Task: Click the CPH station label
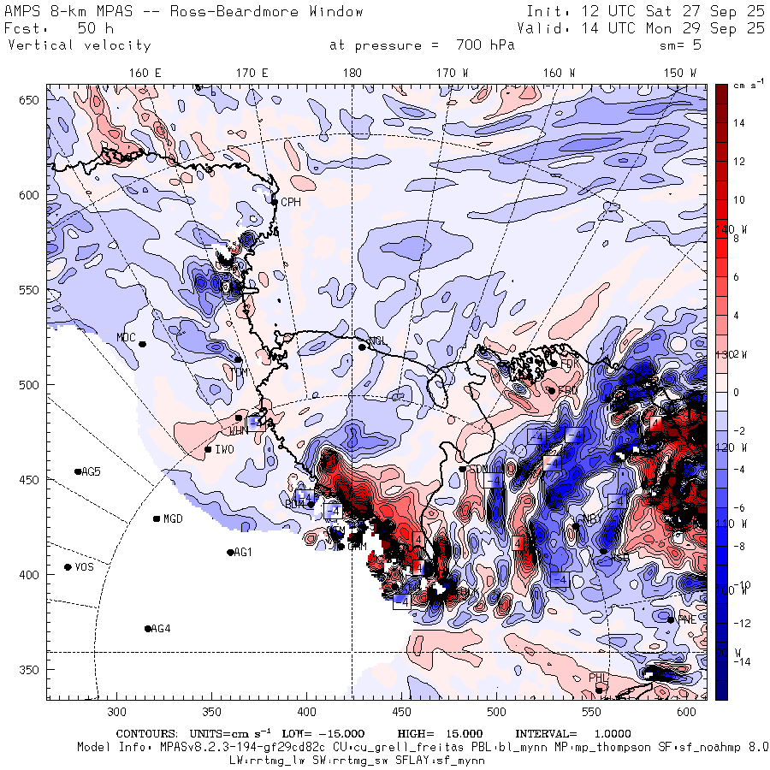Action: pos(291,202)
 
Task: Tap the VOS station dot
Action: pos(68,567)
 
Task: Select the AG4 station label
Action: pos(160,629)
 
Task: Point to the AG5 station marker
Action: pos(78,471)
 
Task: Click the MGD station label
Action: pos(173,519)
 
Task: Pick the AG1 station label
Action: pos(244,553)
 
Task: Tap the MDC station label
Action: pos(127,337)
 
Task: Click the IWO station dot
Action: pos(208,449)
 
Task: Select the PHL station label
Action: pos(597,678)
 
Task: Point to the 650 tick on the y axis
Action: pos(31,101)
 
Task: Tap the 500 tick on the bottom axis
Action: pos(496,712)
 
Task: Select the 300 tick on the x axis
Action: pos(117,712)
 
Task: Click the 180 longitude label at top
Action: pos(352,74)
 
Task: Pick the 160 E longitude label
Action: pos(145,74)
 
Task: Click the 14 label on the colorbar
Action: pos(737,123)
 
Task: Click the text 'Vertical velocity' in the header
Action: pos(80,45)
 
